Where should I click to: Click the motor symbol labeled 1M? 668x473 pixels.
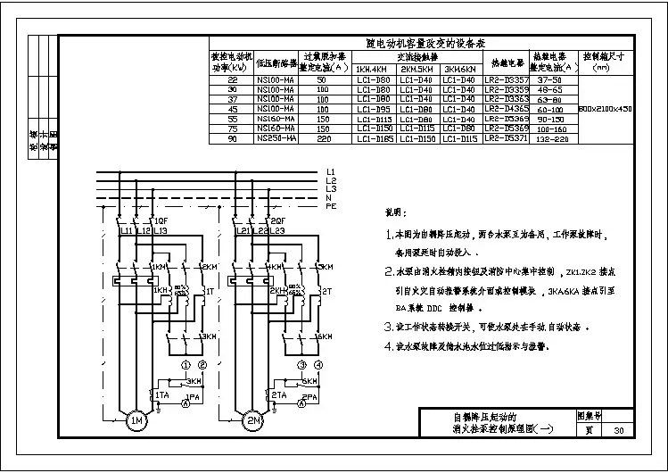(136, 420)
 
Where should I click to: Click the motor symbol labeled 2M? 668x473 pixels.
(252, 420)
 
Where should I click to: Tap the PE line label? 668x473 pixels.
(331, 205)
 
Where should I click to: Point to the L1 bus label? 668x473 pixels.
(331, 170)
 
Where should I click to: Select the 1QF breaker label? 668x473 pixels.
(161, 220)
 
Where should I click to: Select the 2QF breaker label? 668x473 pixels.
(277, 220)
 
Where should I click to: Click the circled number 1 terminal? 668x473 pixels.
(186, 366)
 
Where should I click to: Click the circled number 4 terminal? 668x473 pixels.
(319, 366)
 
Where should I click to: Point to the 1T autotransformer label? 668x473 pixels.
(209, 291)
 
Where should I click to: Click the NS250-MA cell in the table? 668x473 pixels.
(274, 138)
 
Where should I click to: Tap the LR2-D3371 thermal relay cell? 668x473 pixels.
(506, 138)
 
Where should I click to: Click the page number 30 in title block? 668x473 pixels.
(619, 430)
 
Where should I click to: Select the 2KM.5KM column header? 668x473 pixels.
(417, 68)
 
